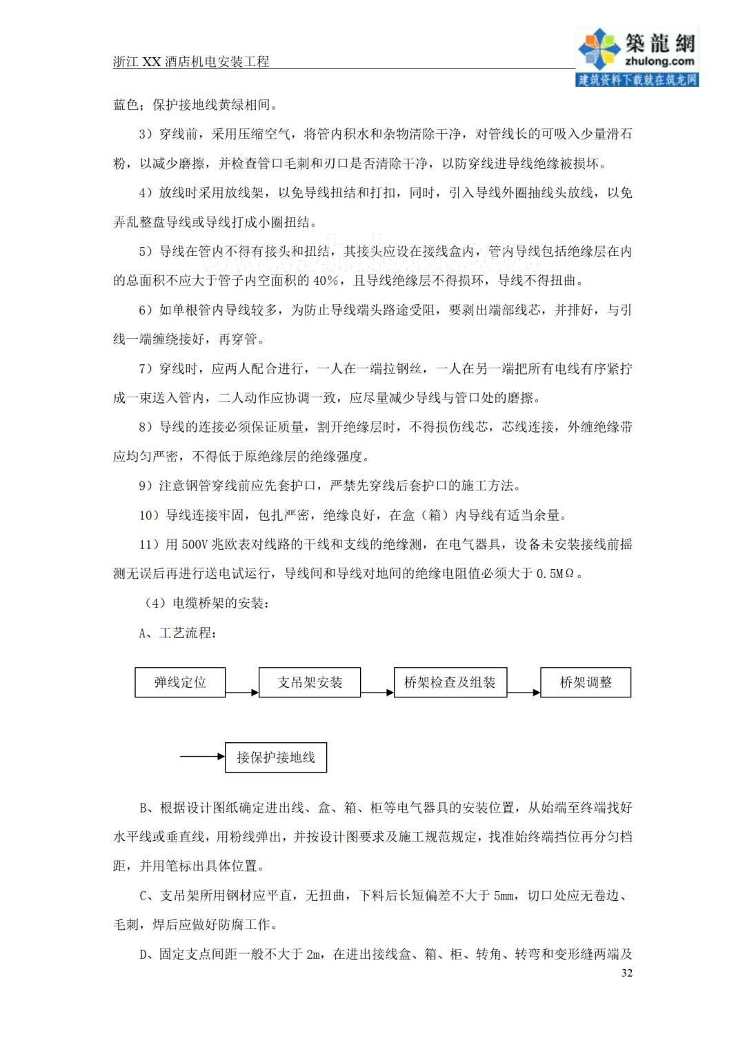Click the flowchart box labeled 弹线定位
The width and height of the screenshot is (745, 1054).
[x=180, y=682]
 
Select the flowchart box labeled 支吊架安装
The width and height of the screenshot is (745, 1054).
[x=310, y=682]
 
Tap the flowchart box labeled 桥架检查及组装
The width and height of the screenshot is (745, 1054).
[x=450, y=682]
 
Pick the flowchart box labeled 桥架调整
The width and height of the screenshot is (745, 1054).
[x=586, y=682]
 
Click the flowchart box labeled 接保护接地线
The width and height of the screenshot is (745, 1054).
[x=276, y=757]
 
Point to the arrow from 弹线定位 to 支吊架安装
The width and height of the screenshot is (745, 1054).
[x=242, y=692]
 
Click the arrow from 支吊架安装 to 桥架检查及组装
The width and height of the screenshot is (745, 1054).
[x=377, y=692]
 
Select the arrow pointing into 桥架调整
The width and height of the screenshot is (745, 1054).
[x=524, y=692]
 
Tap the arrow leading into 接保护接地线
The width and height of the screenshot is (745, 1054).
[x=203, y=757]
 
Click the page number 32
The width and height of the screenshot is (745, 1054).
[x=626, y=973]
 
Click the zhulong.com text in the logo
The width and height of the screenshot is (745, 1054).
[x=659, y=61]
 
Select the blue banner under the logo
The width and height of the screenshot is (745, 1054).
[x=637, y=80]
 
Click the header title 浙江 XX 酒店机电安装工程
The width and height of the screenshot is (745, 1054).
[x=191, y=61]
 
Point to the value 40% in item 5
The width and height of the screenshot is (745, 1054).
[x=326, y=281]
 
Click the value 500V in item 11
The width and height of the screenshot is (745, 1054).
[x=195, y=545]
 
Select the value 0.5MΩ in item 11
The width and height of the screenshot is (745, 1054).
[x=555, y=574]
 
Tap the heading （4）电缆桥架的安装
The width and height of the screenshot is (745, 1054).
[x=206, y=604]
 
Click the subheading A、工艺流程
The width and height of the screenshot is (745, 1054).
[x=177, y=633]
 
